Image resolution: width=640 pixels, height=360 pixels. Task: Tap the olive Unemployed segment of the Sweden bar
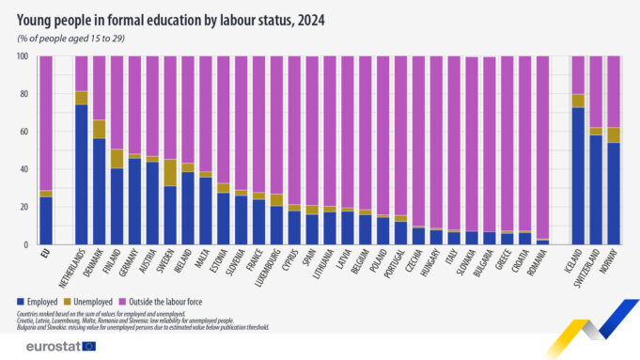169,172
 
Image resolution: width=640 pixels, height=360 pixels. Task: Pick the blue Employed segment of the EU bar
45,220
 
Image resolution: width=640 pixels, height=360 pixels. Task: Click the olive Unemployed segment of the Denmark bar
99,129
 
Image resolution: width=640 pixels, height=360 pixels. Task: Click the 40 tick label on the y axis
23,169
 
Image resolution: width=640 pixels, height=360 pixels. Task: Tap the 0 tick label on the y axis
25,244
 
